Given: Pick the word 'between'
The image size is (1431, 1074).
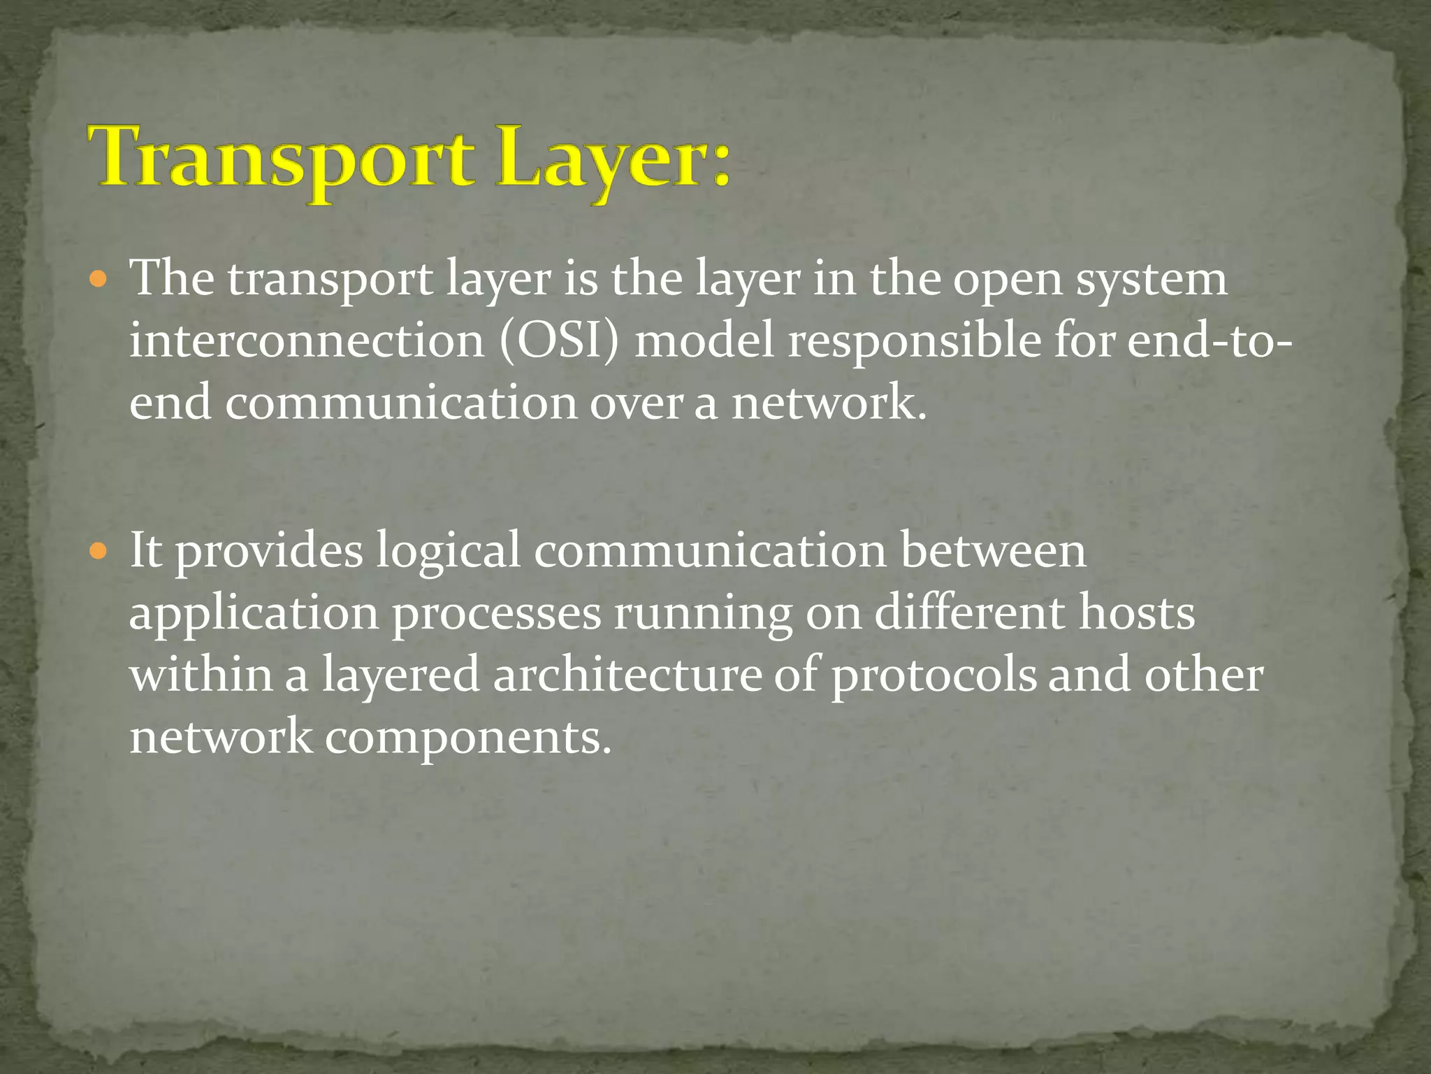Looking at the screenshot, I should [x=993, y=550].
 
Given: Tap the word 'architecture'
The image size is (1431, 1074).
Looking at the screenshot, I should [x=627, y=675].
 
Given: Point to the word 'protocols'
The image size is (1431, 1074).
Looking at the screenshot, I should [x=934, y=677].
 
